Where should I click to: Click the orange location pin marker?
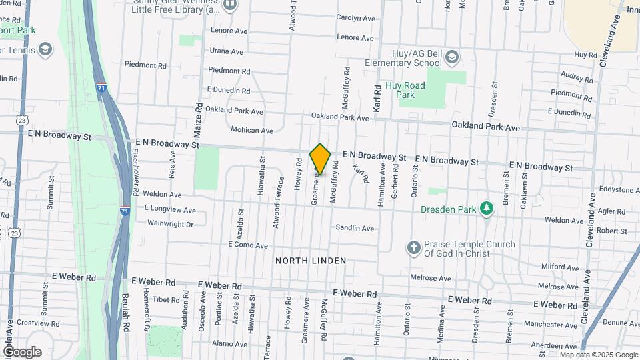(x=320, y=159)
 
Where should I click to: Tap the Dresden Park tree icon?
(x=488, y=209)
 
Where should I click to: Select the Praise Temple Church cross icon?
(x=413, y=248)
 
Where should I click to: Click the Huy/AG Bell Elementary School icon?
(x=452, y=57)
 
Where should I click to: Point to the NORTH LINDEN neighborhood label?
(x=311, y=261)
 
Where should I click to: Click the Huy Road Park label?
(x=405, y=90)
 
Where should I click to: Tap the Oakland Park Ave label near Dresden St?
(x=485, y=127)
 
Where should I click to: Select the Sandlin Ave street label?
(x=355, y=228)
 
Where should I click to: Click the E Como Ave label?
(x=247, y=245)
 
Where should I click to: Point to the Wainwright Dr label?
(x=170, y=225)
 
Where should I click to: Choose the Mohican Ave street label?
(x=252, y=131)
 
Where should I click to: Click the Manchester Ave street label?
(x=559, y=324)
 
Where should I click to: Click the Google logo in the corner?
(x=21, y=352)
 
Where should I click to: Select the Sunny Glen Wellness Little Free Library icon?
(x=230, y=5)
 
